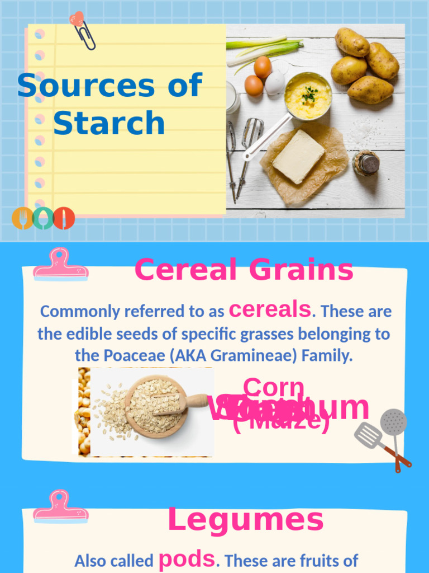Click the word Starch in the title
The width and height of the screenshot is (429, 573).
(x=109, y=123)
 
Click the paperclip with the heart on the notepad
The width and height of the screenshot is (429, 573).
(x=82, y=30)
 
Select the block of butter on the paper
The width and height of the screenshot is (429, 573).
(x=298, y=156)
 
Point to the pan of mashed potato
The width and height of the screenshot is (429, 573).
(x=308, y=96)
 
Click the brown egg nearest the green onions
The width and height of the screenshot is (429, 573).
(x=263, y=67)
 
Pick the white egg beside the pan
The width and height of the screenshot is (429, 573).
(x=275, y=83)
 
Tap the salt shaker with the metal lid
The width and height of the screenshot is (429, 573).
(x=367, y=163)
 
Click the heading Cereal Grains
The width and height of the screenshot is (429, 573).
(x=244, y=270)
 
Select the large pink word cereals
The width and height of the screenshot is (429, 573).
(x=270, y=309)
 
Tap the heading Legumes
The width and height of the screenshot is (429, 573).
(x=245, y=520)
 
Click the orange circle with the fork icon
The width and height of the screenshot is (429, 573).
(x=22, y=218)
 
